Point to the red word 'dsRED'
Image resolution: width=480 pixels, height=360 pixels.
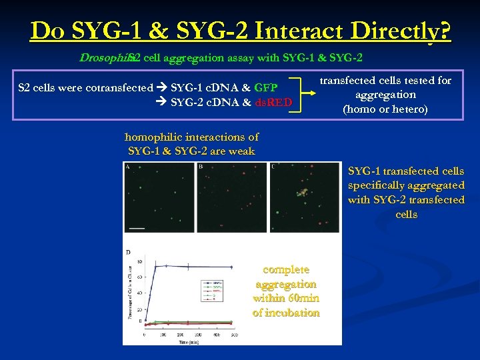point(273,102)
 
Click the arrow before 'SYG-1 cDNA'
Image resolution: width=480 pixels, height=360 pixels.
point(162,87)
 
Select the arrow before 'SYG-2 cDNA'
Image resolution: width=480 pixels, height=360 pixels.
point(162,102)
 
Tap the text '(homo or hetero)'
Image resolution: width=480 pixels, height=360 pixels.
point(385,109)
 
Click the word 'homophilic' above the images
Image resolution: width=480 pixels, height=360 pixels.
point(153,137)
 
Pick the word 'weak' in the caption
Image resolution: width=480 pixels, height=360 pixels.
point(241,151)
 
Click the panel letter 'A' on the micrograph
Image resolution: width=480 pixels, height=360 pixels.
point(127,166)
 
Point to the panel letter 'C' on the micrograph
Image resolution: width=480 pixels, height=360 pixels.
point(273,166)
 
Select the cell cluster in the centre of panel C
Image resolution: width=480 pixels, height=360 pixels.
point(303,193)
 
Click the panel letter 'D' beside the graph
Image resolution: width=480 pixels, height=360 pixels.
point(127,252)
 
